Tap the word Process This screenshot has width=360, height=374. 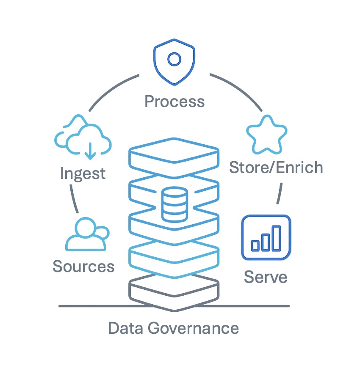174,102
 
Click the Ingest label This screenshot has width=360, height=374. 83,173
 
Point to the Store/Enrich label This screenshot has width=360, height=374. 276,168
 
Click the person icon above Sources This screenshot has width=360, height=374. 86,234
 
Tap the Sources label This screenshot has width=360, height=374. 83,267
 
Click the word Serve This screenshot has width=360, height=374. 266,277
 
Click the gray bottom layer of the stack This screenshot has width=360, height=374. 174,292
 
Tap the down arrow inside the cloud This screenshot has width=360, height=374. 89,151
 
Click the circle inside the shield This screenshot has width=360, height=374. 174,59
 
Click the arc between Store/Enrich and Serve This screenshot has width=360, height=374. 280,193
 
